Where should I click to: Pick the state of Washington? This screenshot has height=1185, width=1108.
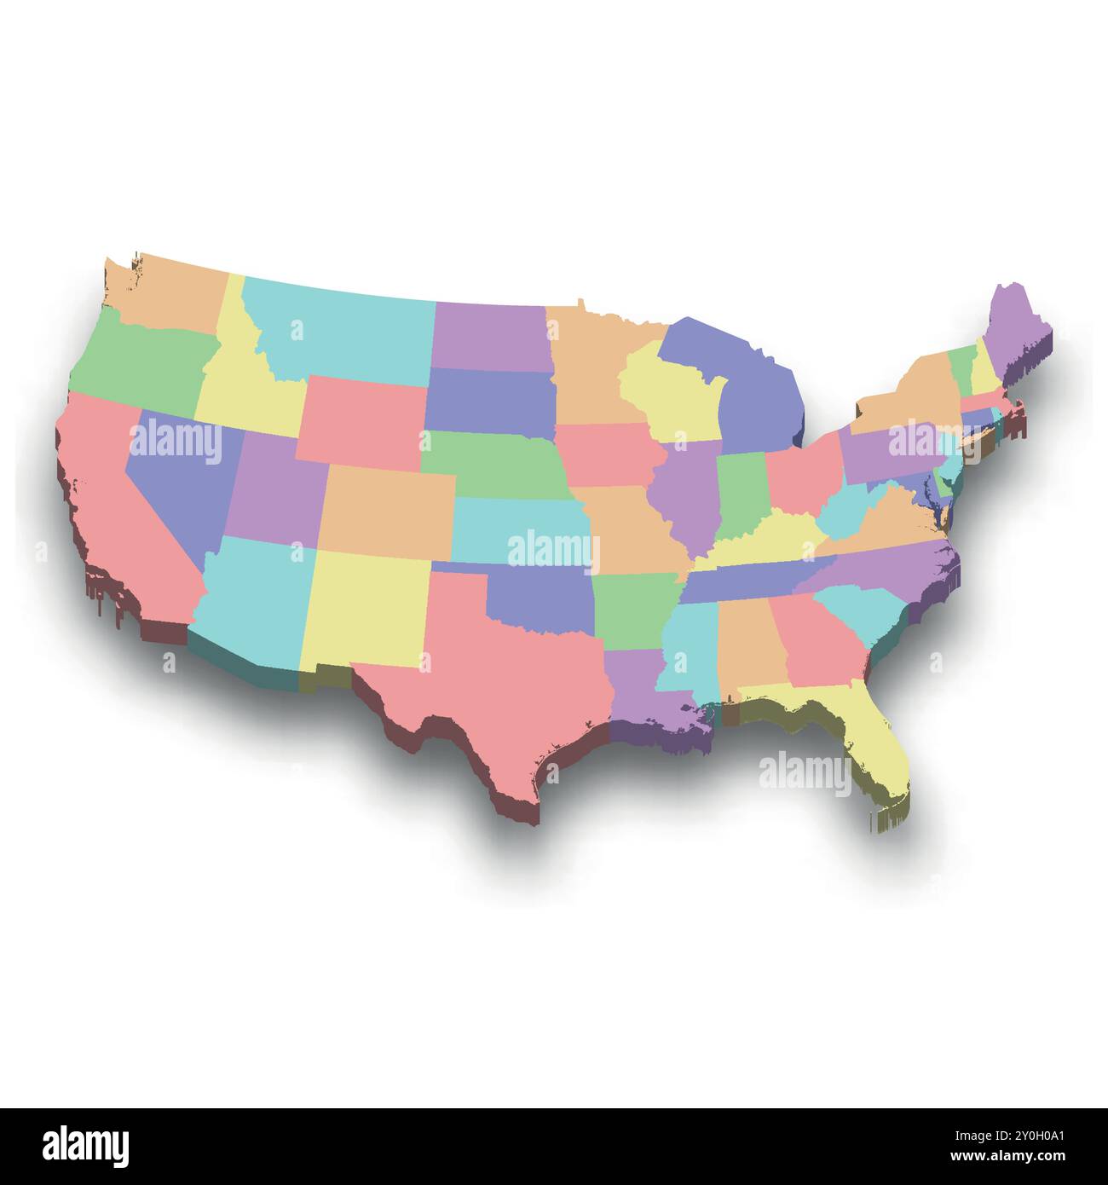[170, 294]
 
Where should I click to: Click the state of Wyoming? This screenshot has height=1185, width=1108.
[362, 418]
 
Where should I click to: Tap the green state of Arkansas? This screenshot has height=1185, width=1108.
[631, 610]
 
